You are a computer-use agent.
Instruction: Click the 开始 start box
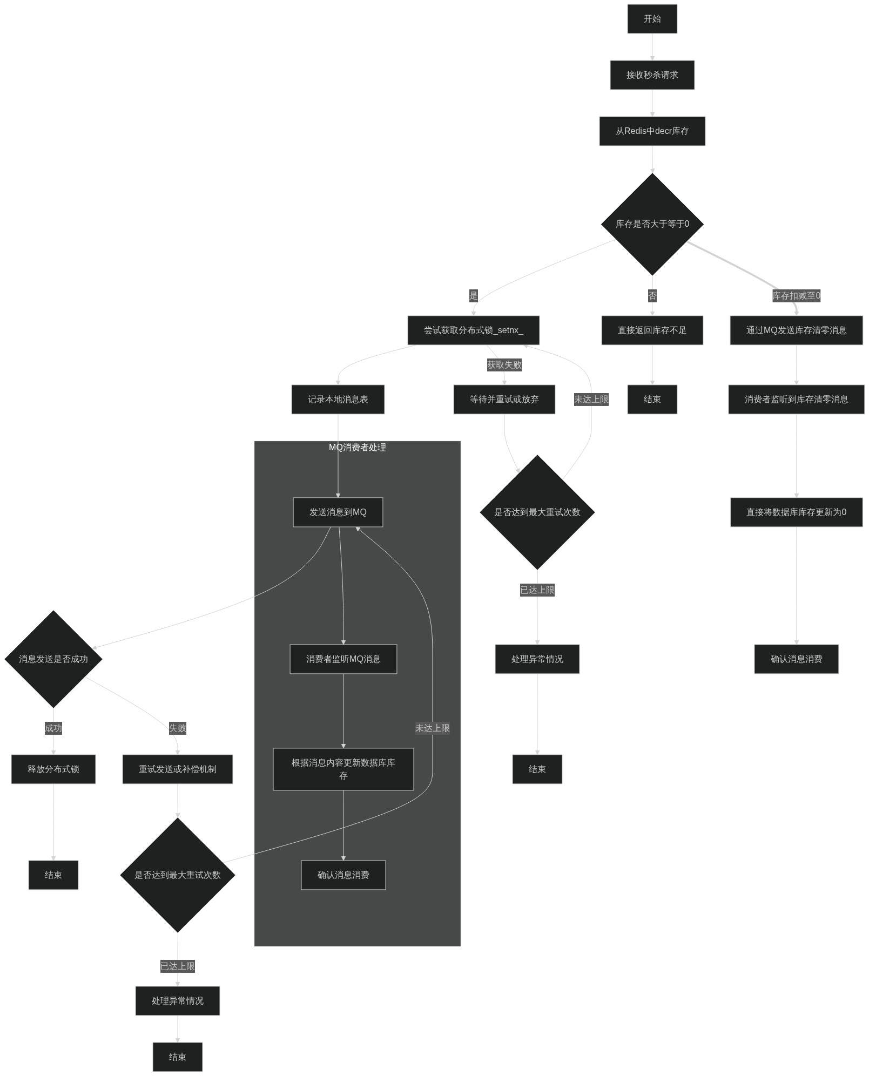(652, 19)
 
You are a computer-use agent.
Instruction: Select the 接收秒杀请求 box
(652, 75)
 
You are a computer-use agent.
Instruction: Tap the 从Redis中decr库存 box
(652, 131)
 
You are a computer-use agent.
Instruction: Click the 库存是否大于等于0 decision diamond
(652, 224)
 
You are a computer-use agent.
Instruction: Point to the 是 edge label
(473, 296)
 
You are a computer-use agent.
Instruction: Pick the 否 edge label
(652, 296)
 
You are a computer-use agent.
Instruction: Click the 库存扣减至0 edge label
(796, 296)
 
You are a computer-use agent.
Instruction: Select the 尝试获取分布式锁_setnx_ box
(473, 330)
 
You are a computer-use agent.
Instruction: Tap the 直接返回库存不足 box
(652, 330)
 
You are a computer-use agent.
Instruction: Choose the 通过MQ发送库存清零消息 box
(796, 330)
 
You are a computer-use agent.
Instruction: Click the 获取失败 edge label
(504, 365)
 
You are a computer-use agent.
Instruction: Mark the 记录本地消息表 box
(338, 400)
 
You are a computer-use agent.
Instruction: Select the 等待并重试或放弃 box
(504, 400)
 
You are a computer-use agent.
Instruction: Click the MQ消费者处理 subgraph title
(357, 448)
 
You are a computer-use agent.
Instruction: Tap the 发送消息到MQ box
(338, 512)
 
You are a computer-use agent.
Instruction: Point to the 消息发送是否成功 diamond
(53, 659)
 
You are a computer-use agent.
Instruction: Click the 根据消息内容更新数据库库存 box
(343, 769)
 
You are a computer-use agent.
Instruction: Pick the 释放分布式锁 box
(53, 769)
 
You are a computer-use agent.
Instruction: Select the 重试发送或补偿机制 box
(177, 769)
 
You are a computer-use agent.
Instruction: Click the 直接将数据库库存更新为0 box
(796, 512)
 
